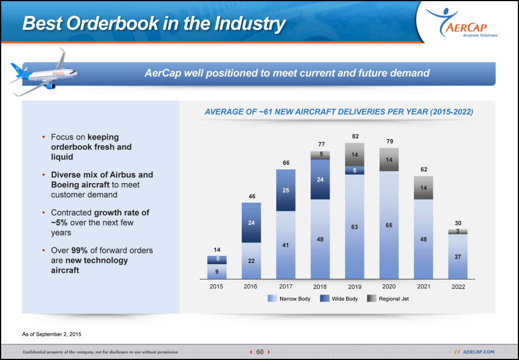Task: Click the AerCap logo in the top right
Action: click(462, 22)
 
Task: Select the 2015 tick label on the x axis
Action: click(216, 287)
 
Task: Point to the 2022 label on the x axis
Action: click(458, 287)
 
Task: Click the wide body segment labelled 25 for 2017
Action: click(286, 190)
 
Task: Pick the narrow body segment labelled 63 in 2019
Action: click(354, 227)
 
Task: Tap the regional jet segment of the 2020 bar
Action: click(389, 160)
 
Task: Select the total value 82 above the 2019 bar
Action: click(355, 136)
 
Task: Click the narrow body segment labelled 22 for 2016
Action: click(251, 261)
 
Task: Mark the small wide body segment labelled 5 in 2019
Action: click(354, 170)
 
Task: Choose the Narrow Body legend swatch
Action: click(272, 299)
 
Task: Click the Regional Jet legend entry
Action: click(388, 299)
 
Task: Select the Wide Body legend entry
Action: click(339, 299)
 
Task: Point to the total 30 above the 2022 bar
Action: click(458, 223)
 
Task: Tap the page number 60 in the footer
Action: click(260, 352)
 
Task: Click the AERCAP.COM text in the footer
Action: click(479, 352)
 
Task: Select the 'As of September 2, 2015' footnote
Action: click(52, 334)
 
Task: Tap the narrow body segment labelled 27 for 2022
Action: click(458, 257)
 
